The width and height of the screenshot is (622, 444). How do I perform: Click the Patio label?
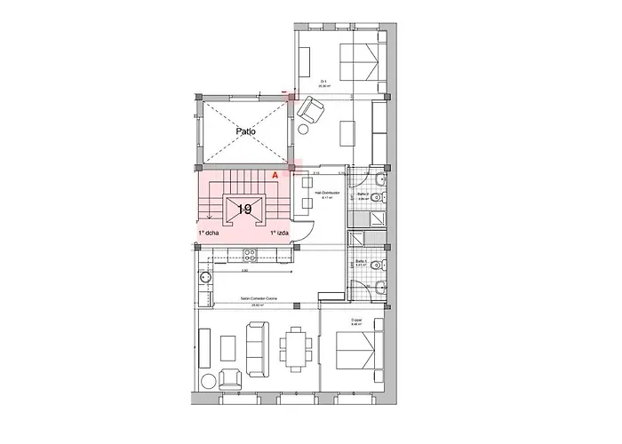(x=246, y=131)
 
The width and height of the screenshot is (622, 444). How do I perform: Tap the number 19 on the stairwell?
(x=244, y=210)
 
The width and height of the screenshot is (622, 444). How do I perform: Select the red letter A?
(x=275, y=177)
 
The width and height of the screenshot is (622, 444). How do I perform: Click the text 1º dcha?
(x=209, y=233)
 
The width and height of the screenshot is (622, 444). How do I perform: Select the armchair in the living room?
(x=228, y=377)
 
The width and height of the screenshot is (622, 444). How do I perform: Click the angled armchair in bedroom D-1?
(x=310, y=111)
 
